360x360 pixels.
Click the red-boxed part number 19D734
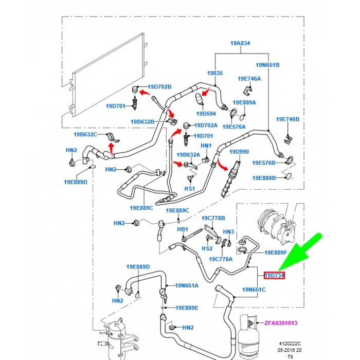tap(275, 276)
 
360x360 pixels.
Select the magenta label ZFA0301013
tap(281, 323)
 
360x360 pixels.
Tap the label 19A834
tap(240, 43)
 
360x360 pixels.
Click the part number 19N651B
tap(268, 65)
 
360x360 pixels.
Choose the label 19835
tap(214, 73)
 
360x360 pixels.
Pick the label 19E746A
tap(249, 79)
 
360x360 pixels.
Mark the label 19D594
tap(206, 114)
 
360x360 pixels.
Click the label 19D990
tap(239, 152)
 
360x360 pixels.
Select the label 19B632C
tap(85, 135)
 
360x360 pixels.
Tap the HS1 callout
tap(190, 189)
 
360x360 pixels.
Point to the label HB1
tap(183, 229)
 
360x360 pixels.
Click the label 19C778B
tap(213, 219)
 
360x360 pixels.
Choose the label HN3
tap(228, 232)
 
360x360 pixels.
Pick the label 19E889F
tap(276, 253)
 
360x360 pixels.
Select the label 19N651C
tap(255, 290)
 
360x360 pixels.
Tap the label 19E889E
tap(186, 308)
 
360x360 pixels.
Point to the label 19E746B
tap(287, 119)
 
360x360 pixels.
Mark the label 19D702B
tap(160, 87)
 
